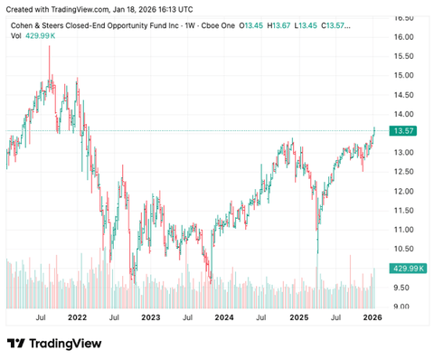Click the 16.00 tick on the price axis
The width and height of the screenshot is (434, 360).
(x=404, y=36)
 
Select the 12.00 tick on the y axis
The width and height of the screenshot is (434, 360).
(x=404, y=191)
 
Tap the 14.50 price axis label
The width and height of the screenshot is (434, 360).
(x=404, y=95)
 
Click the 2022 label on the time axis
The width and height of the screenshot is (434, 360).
(x=77, y=317)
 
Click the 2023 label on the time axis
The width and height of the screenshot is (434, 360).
(x=150, y=317)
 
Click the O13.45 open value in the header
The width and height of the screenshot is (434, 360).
(x=252, y=25)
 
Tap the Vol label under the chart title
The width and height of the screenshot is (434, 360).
(x=16, y=36)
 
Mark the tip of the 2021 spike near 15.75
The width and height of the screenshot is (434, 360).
(x=49, y=46)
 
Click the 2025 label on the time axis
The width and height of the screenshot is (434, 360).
(x=298, y=317)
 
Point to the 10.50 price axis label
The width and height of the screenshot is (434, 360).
(x=404, y=249)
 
